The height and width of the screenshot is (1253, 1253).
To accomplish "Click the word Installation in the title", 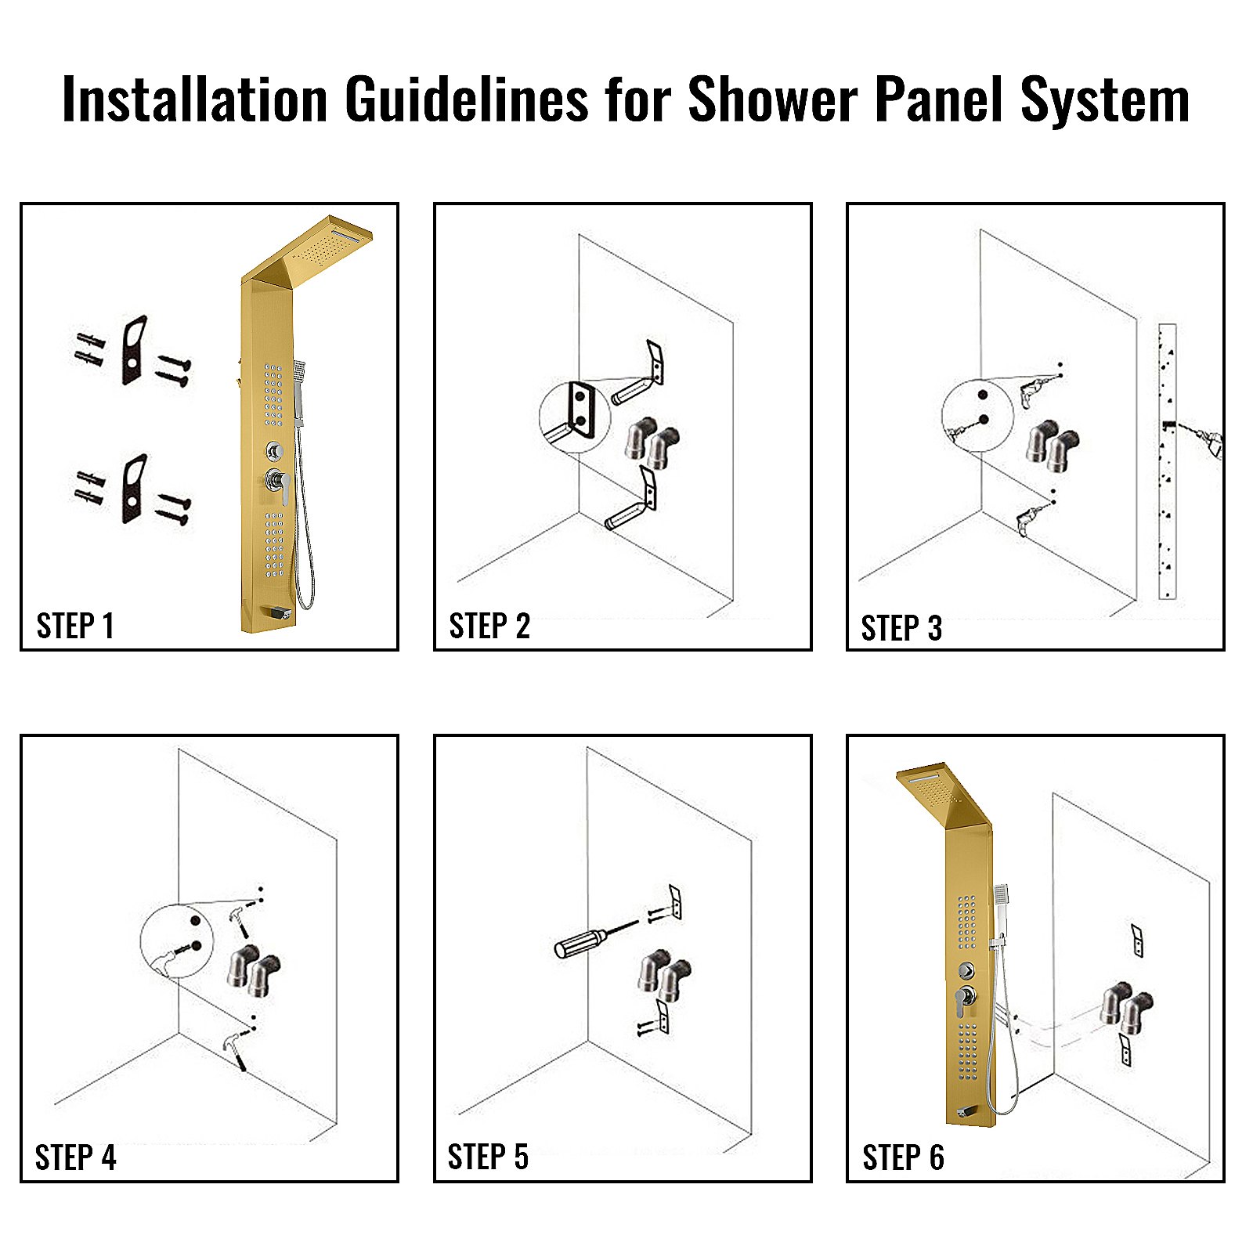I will tap(194, 99).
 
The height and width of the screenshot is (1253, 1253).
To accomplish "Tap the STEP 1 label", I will tap(75, 626).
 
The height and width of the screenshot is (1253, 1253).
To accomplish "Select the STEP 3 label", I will tap(901, 628).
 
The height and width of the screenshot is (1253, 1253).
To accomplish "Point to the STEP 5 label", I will tap(488, 1157).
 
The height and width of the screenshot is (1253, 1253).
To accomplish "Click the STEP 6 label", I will tap(903, 1157).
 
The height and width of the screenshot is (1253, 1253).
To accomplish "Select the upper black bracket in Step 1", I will tap(134, 350).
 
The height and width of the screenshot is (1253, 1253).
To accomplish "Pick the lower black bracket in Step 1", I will tap(134, 489).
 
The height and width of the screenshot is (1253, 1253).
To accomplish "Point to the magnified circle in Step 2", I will tap(574, 417).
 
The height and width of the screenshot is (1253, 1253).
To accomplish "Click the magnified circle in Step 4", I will tap(176, 941).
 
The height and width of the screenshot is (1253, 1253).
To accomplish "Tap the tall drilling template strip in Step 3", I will tap(1167, 462).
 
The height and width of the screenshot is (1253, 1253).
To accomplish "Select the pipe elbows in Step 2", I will tap(652, 443).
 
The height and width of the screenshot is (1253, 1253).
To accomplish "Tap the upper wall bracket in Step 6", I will tap(1137, 940).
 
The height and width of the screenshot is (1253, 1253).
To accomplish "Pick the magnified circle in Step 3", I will tap(977, 415).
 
